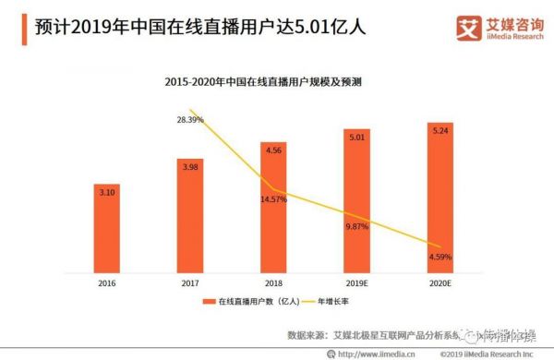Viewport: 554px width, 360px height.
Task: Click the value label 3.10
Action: pyautogui.click(x=106, y=191)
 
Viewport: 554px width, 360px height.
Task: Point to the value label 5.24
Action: pyautogui.click(x=440, y=130)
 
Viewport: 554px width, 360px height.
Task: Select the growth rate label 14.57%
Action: pyautogui.click(x=274, y=199)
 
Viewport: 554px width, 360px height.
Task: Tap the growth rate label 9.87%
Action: pyautogui.click(x=357, y=226)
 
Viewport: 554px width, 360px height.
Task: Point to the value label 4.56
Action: pyautogui.click(x=273, y=149)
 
